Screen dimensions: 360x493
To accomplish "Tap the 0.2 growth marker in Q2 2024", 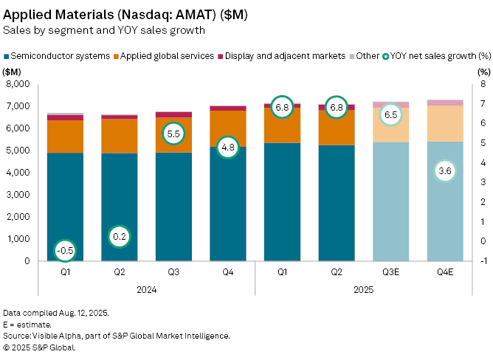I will pyautogui.click(x=119, y=237).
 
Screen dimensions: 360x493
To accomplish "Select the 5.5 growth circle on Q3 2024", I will pyautogui.click(x=173, y=134).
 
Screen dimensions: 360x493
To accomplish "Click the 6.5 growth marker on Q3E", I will pyautogui.click(x=391, y=115).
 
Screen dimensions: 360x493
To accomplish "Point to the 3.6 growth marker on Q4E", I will pyautogui.click(x=445, y=171).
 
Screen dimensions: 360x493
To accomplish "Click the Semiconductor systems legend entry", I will pyautogui.click(x=60, y=56).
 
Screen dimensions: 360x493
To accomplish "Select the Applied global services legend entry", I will pyautogui.click(x=167, y=56).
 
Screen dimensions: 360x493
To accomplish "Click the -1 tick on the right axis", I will pyautogui.click(x=481, y=261).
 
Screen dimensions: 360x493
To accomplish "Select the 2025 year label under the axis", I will pyautogui.click(x=364, y=290).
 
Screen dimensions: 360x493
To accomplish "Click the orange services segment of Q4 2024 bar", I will pyautogui.click(x=228, y=128).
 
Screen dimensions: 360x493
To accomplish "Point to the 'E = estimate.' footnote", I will pyautogui.click(x=27, y=324).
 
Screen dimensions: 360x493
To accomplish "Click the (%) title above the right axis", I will pyautogui.click(x=483, y=72).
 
